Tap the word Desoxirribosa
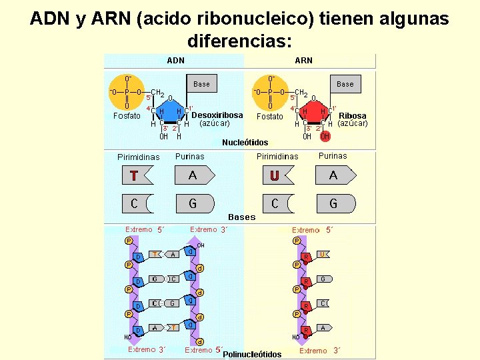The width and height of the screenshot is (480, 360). click(x=217, y=115)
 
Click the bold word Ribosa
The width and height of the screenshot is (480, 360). click(x=353, y=116)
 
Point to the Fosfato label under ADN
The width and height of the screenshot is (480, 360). click(x=127, y=116)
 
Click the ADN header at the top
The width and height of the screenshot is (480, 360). click(x=176, y=61)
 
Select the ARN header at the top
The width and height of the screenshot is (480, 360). click(x=303, y=61)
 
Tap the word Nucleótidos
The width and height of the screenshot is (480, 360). click(x=245, y=143)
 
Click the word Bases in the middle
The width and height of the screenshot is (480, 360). click(x=241, y=217)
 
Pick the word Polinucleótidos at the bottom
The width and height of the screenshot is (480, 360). click(x=252, y=354)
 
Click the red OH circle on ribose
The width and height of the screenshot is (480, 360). click(x=325, y=137)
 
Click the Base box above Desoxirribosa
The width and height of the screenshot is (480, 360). click(x=201, y=84)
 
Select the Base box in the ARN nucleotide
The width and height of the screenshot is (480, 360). click(x=345, y=84)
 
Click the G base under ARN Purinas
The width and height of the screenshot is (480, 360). click(x=333, y=203)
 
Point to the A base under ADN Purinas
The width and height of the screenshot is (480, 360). click(x=193, y=175)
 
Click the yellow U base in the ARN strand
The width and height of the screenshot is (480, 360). click(x=322, y=254)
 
